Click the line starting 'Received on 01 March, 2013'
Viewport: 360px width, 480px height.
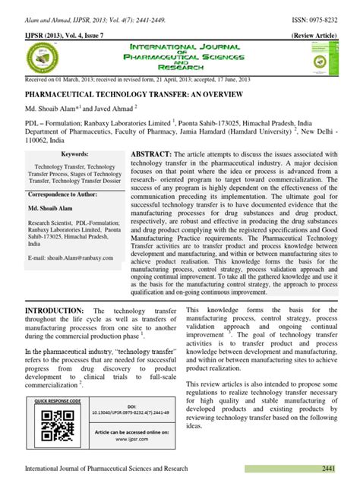pos(137,77)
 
